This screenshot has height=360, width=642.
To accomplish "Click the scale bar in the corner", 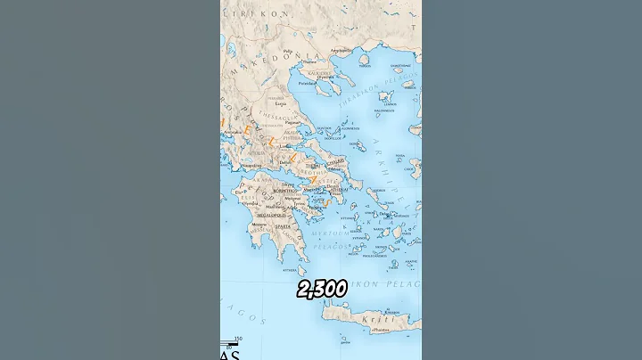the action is tap(233, 342).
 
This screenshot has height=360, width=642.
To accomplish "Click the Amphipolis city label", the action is tap(339, 50).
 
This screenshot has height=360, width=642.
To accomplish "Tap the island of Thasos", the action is tap(364, 61).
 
